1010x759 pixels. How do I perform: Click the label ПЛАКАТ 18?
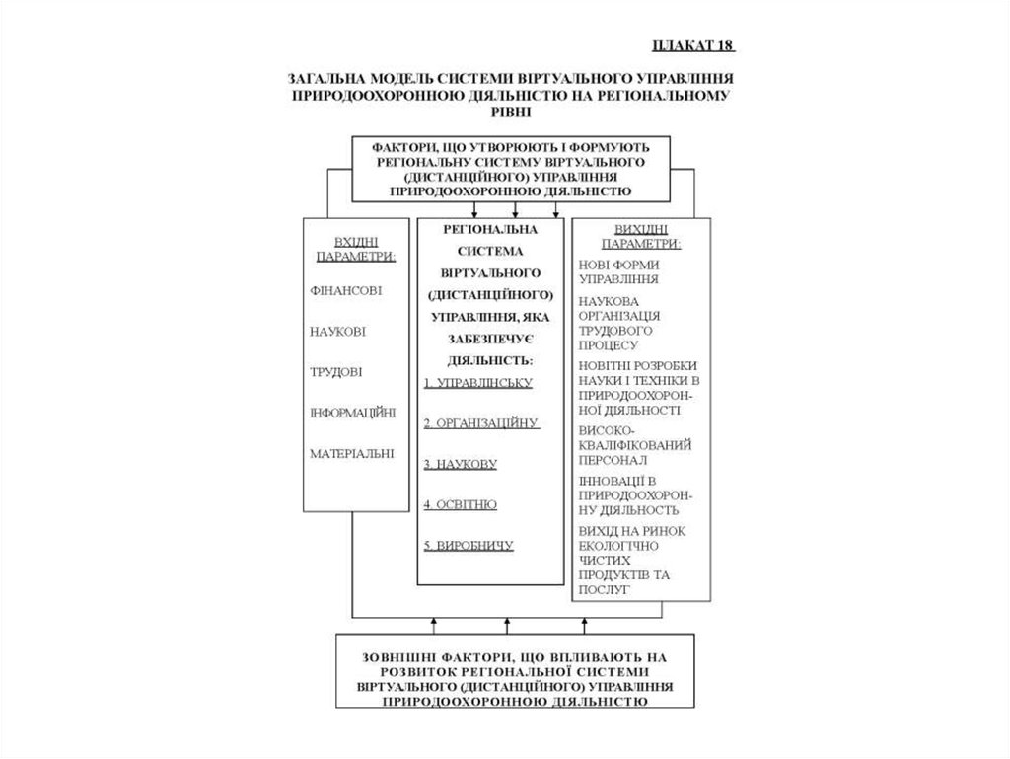point(693,45)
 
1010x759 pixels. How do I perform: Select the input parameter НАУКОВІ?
point(337,332)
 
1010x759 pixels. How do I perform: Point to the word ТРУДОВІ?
point(335,372)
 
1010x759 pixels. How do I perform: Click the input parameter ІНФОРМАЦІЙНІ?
point(352,413)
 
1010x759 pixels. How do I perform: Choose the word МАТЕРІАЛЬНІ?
point(352,454)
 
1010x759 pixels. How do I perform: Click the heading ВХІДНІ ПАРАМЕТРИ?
point(356,248)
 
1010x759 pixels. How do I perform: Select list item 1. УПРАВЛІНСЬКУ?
point(477,382)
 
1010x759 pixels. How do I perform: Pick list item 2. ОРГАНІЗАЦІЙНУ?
point(481,422)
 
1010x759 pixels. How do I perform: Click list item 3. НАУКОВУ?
point(460,463)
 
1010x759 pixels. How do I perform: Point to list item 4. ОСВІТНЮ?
point(460,504)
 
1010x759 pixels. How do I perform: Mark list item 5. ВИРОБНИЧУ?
point(469,545)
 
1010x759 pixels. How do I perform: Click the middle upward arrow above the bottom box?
point(507,625)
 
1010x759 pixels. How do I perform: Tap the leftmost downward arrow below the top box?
point(475,211)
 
